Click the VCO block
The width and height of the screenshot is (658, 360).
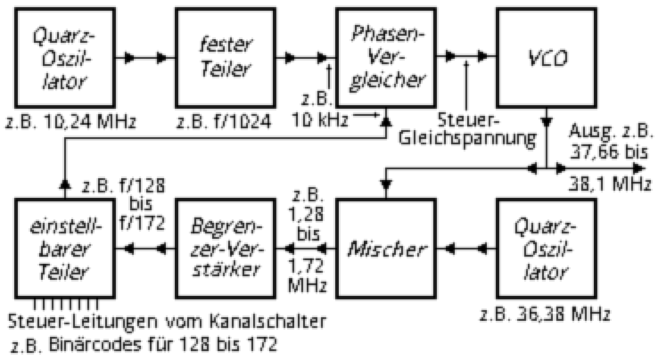tap(546, 58)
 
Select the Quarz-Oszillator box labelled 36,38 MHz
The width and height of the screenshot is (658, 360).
tap(546, 248)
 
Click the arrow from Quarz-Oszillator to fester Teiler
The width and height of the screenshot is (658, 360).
tap(149, 58)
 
